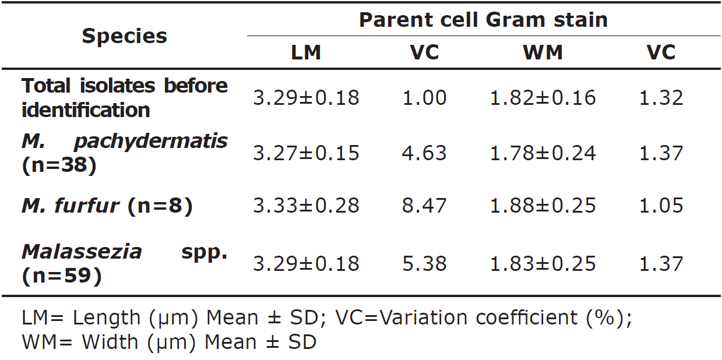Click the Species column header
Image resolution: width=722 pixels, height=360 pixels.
click(x=124, y=36)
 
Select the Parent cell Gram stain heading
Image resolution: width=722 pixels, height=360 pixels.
click(x=483, y=20)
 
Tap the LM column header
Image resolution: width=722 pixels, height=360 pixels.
click(x=306, y=53)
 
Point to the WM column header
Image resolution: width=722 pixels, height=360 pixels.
click(x=543, y=53)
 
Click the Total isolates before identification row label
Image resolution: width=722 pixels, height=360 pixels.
click(x=124, y=97)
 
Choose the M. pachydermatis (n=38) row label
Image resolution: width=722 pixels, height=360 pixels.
click(x=124, y=153)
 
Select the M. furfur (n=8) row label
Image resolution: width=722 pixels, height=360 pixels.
click(x=107, y=206)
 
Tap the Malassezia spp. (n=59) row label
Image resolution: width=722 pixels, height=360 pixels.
click(x=124, y=263)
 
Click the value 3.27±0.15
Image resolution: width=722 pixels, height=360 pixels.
click(x=306, y=153)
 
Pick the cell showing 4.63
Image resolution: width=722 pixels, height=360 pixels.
click(x=424, y=153)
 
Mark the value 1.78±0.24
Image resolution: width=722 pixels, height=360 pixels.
click(x=543, y=153)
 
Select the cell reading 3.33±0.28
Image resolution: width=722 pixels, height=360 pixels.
click(x=306, y=206)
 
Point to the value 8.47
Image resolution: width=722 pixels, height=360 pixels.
click(x=424, y=206)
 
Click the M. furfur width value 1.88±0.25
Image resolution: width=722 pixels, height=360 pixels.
click(x=543, y=206)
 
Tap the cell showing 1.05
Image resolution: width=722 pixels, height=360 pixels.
click(x=661, y=206)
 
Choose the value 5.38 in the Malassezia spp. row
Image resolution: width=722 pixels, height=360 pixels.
click(x=424, y=263)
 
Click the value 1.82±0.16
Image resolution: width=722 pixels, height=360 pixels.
click(x=543, y=97)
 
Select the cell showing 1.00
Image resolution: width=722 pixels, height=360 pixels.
click(x=424, y=97)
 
